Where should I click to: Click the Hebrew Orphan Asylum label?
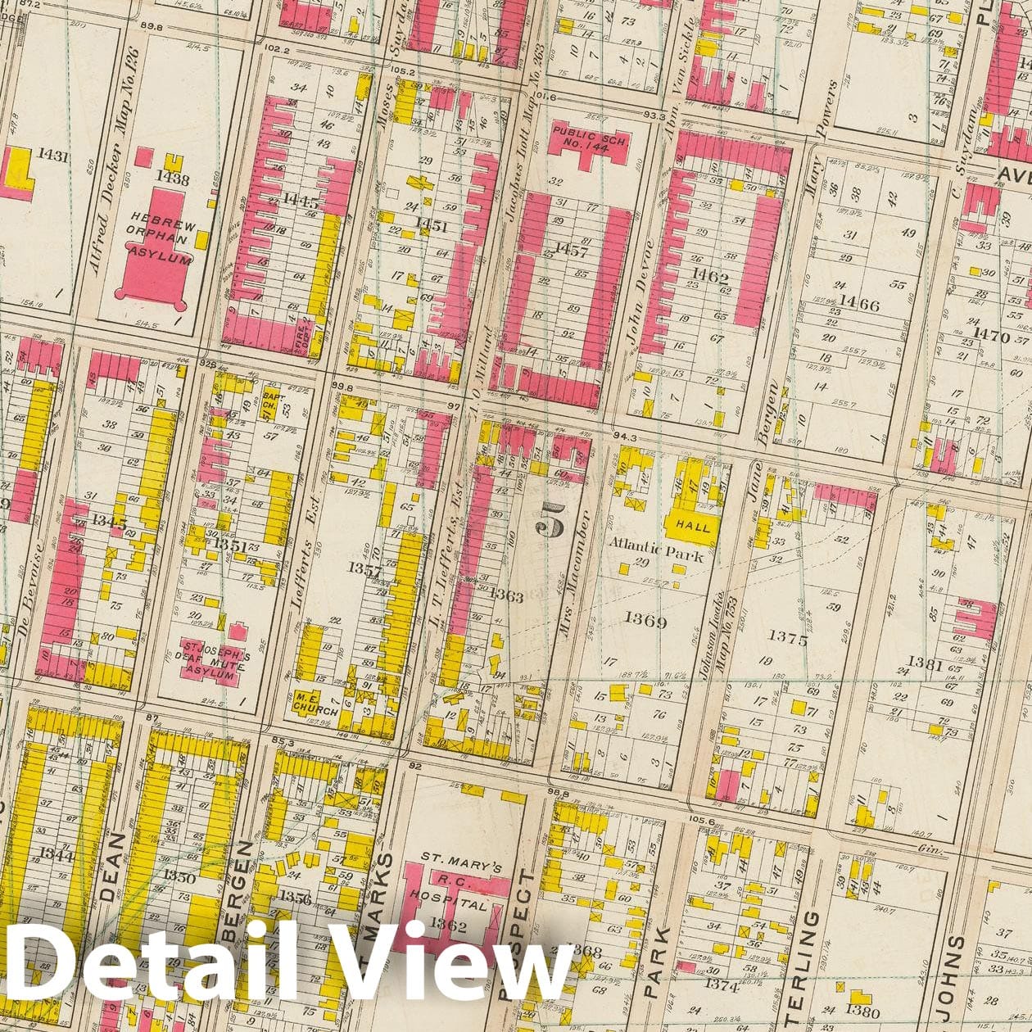(165, 240)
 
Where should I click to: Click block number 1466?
(857, 306)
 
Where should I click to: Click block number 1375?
(787, 640)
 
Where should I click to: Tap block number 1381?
(925, 664)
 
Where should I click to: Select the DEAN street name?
(112, 867)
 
